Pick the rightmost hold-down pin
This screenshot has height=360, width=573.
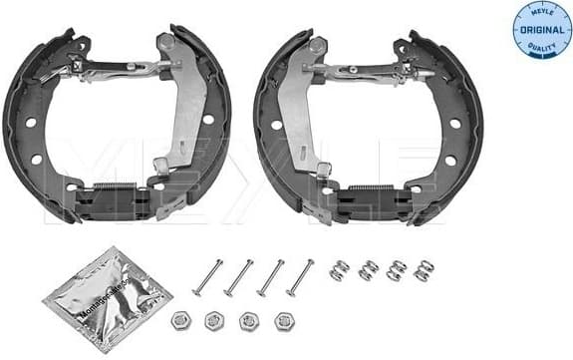tap(300, 278)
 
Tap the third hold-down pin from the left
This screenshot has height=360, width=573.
tap(270, 277)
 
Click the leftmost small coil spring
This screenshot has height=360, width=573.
tap(339, 268)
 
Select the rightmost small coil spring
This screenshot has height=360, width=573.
tap(424, 270)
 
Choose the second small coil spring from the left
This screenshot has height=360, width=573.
tap(369, 269)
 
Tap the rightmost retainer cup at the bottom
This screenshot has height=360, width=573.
tap(284, 322)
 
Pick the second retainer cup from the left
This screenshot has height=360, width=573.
tap(214, 321)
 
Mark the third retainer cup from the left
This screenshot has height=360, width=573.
tap(249, 321)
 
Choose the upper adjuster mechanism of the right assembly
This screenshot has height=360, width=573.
tap(369, 70)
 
